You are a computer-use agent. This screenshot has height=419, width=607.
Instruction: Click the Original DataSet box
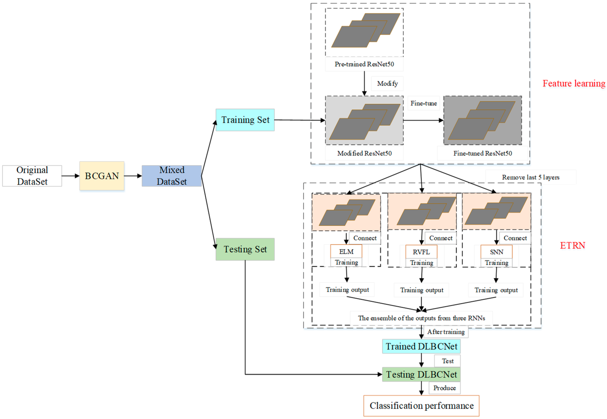coord(32,176)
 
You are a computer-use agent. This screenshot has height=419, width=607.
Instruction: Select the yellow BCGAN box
coord(102,176)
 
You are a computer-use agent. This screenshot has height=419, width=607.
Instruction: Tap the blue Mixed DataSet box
coord(172,176)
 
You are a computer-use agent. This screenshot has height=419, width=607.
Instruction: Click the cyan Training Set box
coord(245,120)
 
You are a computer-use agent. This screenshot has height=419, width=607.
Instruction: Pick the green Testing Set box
coord(245,249)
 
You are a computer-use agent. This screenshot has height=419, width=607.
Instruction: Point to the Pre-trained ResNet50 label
coord(364,64)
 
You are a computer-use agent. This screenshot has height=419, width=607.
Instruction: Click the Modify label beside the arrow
coord(387,83)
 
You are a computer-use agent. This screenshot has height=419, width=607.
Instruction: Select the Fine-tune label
coord(423,103)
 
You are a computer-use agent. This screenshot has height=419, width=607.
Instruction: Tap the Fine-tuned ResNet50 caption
coord(483,153)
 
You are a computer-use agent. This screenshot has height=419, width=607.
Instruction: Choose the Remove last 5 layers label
coord(530,177)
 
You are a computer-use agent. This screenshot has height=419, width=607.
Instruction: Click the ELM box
coord(346,252)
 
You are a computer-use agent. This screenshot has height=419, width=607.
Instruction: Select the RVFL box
coord(421,252)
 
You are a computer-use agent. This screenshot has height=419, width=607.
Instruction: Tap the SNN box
coord(496,252)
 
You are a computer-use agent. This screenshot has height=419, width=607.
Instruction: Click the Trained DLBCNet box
coord(421,346)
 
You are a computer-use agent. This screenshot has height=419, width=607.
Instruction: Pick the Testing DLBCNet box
coord(421,374)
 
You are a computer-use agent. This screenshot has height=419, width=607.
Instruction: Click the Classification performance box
coord(421,406)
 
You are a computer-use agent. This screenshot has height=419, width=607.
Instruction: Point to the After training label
coord(446,332)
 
